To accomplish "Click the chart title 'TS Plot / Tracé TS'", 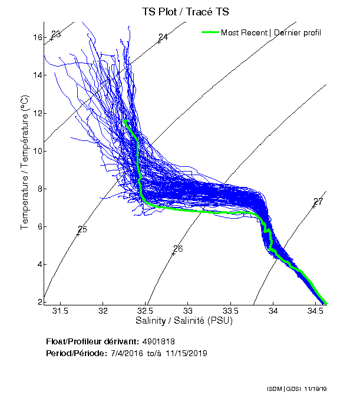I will coord(185,11).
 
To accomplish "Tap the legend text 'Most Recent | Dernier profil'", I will coord(271,32).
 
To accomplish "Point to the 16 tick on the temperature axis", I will coord(38,37).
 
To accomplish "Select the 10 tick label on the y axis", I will coord(38,151).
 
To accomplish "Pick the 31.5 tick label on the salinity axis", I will coord(61,311).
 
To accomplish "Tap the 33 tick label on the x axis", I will coord(189,311).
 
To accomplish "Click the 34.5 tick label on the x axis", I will coord(316,311).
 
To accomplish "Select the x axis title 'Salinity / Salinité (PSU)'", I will coord(184,321).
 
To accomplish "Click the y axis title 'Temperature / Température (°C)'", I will coord(25,163).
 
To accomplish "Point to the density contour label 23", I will coord(57,34).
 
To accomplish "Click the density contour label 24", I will coord(163,37).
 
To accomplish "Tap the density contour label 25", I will coord(82,229).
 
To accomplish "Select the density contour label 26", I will coord(178,248).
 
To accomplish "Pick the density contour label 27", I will coord(318,202).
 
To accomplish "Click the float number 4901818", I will coord(158,341).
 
